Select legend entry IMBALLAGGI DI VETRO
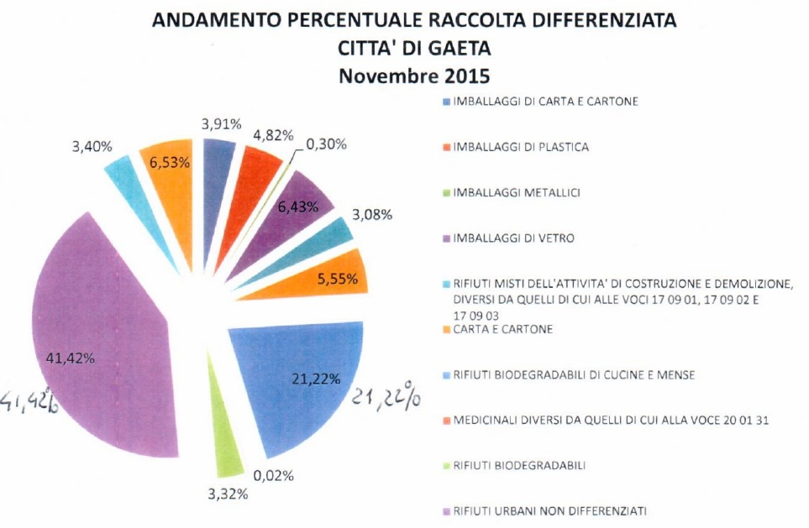tap(514, 238)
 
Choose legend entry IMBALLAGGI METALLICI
tap(517, 193)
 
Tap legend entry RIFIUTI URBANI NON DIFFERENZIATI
tap(549, 510)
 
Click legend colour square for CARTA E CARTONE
tap(445, 330)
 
